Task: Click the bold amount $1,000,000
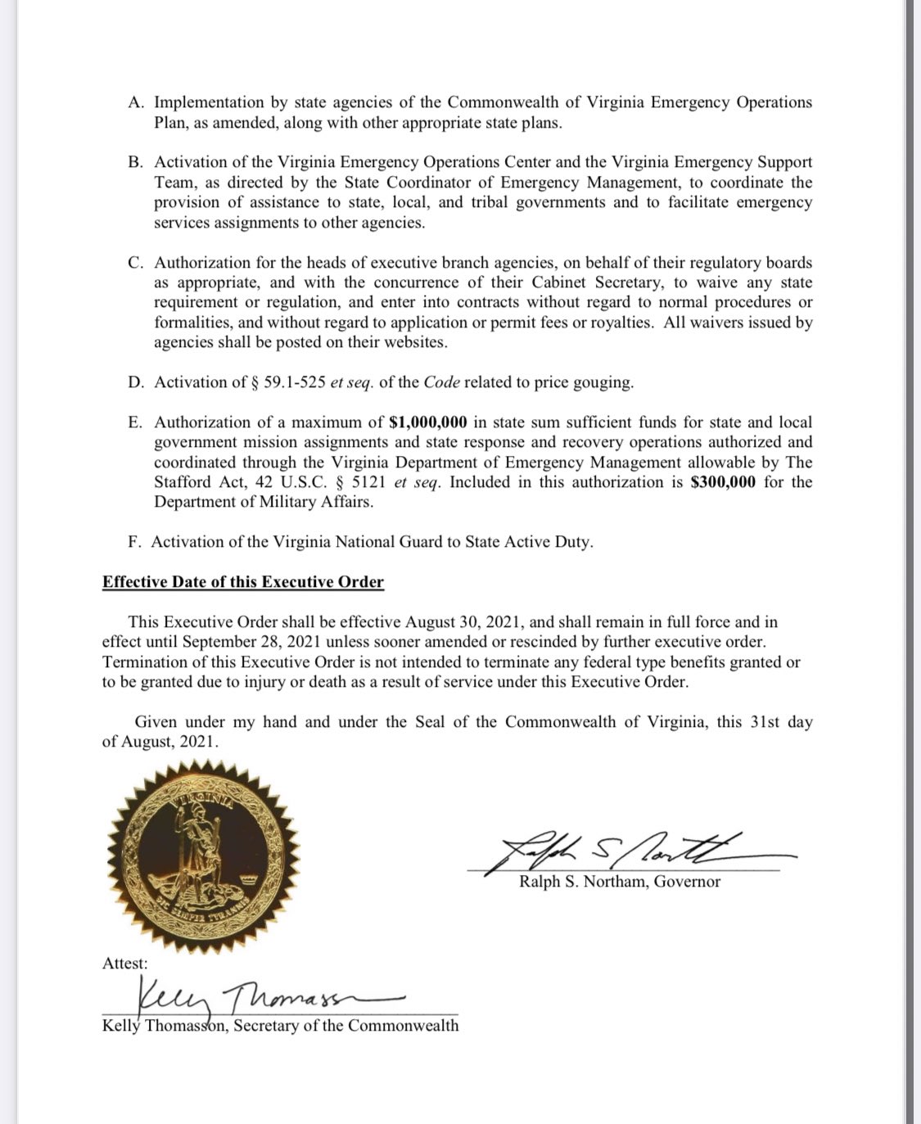(x=427, y=422)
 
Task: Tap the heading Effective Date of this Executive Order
(x=243, y=582)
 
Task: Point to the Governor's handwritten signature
(x=622, y=852)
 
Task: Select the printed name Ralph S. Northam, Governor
(x=620, y=882)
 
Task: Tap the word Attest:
(x=125, y=964)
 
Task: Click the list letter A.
(x=136, y=103)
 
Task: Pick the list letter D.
(x=136, y=382)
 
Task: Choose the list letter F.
(x=135, y=542)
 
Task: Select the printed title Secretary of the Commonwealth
(x=346, y=1026)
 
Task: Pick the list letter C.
(x=136, y=263)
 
